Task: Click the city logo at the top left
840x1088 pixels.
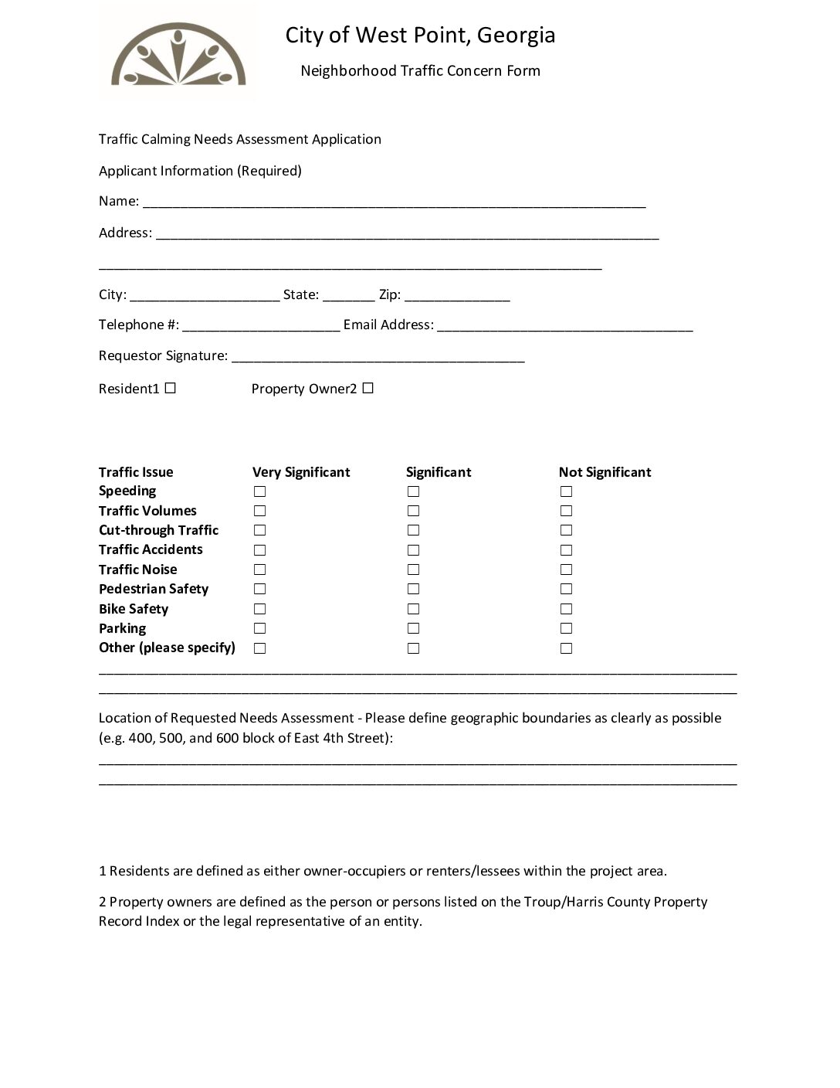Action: pyautogui.click(x=178, y=54)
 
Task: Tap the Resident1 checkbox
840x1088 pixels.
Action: pyautogui.click(x=170, y=388)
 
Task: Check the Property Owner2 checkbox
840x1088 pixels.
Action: pyautogui.click(x=367, y=388)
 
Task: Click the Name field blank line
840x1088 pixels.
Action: pyautogui.click(x=394, y=203)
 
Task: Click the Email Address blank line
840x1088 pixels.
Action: pyautogui.click(x=564, y=327)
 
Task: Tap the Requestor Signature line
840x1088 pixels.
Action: pyautogui.click(x=378, y=358)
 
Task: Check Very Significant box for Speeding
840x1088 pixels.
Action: pyautogui.click(x=259, y=491)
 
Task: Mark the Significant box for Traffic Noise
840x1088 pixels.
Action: pyautogui.click(x=413, y=569)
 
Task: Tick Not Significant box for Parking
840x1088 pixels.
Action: pyautogui.click(x=566, y=628)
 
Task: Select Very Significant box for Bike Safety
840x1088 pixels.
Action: pyautogui.click(x=259, y=609)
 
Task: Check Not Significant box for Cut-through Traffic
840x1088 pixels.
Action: pyautogui.click(x=566, y=530)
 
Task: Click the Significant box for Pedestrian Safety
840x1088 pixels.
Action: pyautogui.click(x=413, y=589)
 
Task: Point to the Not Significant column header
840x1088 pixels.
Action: pyautogui.click(x=605, y=472)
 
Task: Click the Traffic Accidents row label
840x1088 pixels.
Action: pyautogui.click(x=151, y=549)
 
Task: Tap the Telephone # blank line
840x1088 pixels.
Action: pyautogui.click(x=261, y=327)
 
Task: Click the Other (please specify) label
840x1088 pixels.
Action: pyautogui.click(x=167, y=648)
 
